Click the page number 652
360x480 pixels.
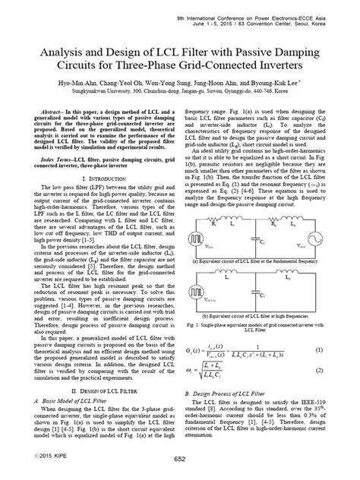click(180, 459)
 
